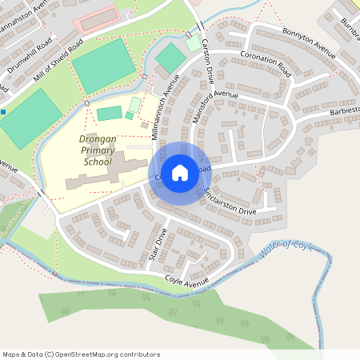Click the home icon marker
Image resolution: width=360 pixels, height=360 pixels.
tap(180, 172)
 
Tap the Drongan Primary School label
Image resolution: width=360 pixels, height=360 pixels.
tap(98, 150)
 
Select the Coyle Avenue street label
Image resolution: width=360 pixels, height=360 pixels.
tap(186, 281)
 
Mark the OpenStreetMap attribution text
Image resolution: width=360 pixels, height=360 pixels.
tap(81, 354)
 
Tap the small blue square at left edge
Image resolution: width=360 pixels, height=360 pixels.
tap(3, 111)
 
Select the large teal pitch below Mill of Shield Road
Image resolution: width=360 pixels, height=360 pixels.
tap(103, 65)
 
